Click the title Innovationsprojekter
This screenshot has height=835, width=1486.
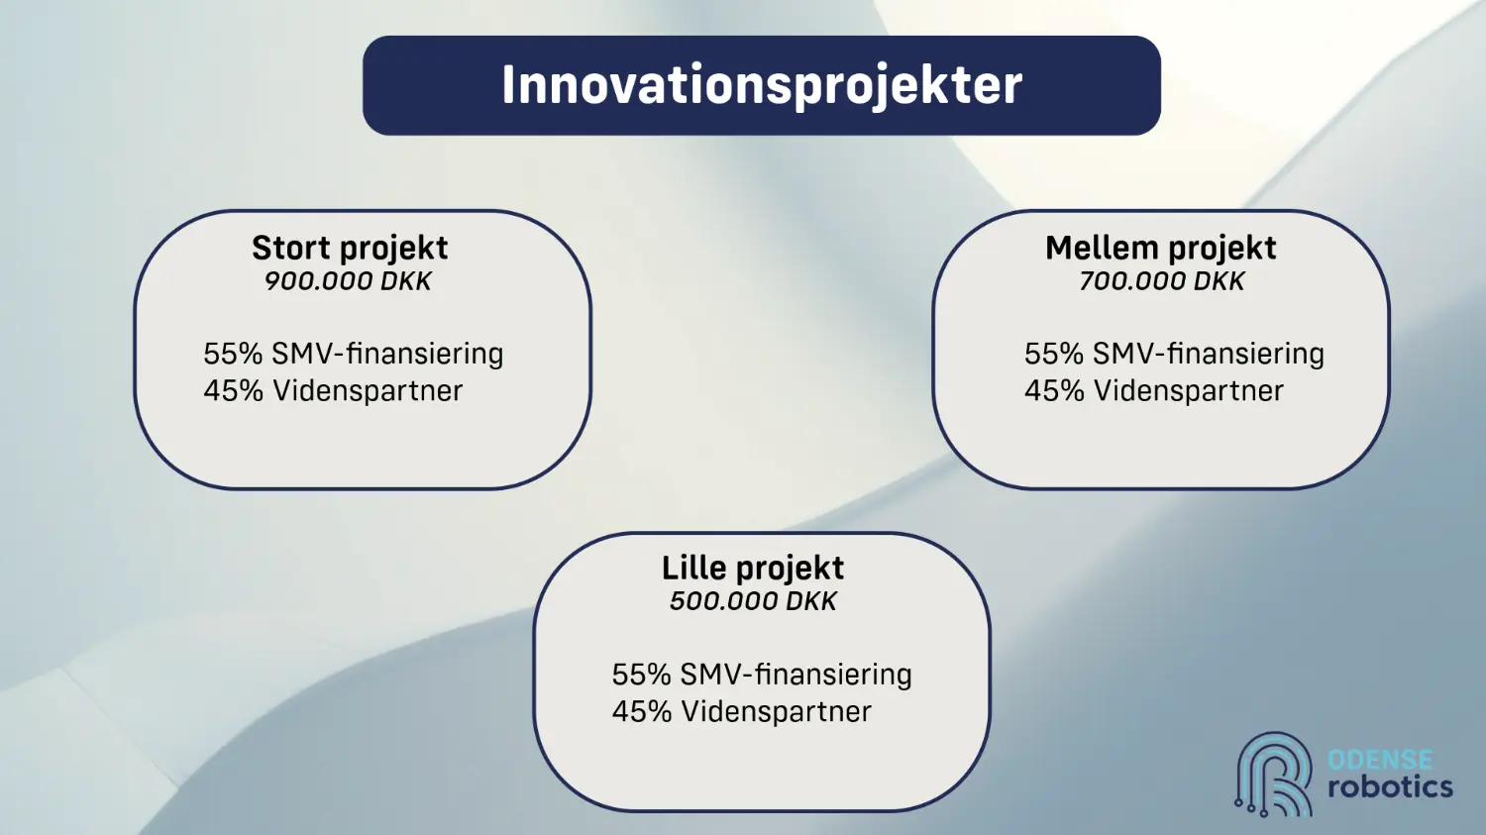pos(762,86)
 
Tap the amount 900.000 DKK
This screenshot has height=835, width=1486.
pos(348,281)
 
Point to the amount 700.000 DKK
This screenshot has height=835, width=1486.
pos(1161,281)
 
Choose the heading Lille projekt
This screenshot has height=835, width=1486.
pos(753,569)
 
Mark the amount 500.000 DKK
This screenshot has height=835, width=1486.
pos(753,601)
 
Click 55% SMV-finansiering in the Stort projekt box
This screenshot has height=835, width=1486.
pos(353,354)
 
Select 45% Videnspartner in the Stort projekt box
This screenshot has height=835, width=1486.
pos(333,390)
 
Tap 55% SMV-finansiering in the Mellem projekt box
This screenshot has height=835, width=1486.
pos(1174,354)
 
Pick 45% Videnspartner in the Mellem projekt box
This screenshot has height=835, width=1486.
pos(1154,390)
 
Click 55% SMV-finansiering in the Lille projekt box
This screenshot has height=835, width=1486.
pos(762,675)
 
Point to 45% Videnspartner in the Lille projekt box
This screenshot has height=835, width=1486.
pos(742,711)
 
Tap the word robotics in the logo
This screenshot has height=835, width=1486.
pos(1390,787)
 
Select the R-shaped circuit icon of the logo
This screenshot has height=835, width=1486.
pos(1274,774)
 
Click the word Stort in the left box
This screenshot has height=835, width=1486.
pos(292,249)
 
